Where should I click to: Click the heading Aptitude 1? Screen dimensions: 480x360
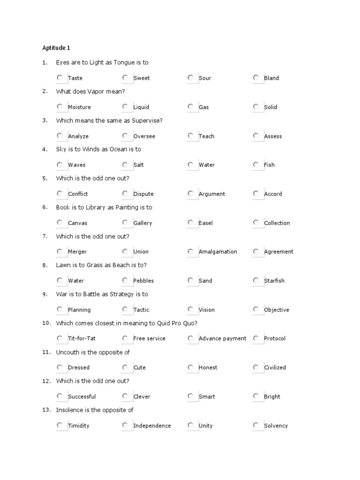(x=56, y=48)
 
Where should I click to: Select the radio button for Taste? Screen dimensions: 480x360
(x=60, y=78)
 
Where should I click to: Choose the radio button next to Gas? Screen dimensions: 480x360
(x=190, y=107)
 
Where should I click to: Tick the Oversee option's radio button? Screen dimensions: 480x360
(x=125, y=136)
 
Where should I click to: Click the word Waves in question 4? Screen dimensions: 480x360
(x=77, y=165)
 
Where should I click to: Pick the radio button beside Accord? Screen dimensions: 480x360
(x=255, y=194)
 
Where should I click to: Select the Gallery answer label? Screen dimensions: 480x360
(x=142, y=223)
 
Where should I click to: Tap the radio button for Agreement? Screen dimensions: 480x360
(x=255, y=252)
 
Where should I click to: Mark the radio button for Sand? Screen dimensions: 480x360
(x=190, y=281)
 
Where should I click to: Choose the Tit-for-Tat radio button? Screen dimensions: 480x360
(x=60, y=338)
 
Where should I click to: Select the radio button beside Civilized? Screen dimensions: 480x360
(x=255, y=367)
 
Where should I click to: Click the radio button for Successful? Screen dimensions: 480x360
(x=60, y=397)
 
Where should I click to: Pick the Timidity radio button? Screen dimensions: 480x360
(x=60, y=426)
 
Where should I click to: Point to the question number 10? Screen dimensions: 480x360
(x=46, y=323)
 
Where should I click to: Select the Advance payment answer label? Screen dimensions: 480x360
(x=222, y=338)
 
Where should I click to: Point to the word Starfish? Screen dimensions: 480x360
(x=274, y=281)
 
